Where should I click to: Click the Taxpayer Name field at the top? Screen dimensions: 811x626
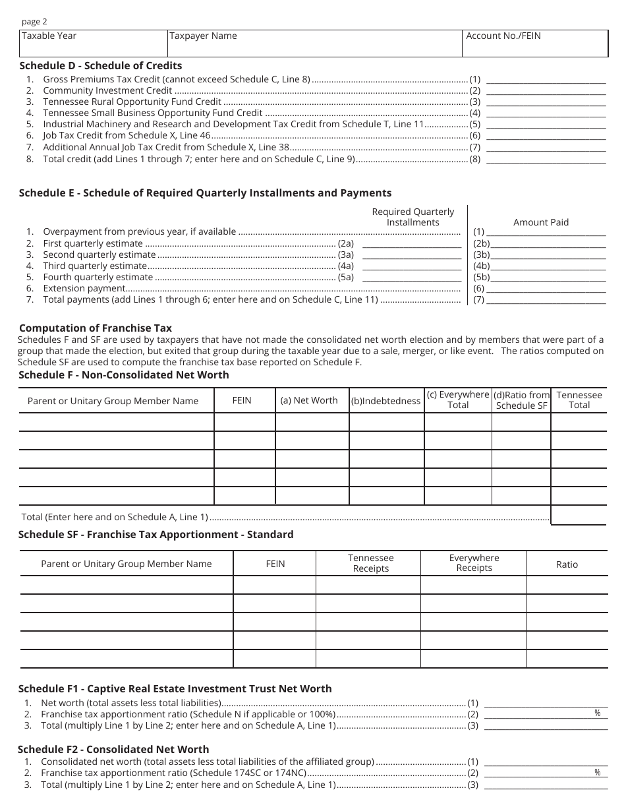[315, 43]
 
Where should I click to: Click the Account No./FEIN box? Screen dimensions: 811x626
[535, 43]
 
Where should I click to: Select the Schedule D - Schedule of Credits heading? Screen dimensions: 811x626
[100, 65]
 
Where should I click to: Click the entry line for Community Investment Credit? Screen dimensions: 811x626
[546, 91]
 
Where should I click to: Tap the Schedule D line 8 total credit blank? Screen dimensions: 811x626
[546, 160]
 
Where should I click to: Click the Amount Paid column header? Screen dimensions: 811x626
[540, 222]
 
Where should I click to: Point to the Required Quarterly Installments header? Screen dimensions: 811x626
[413, 217]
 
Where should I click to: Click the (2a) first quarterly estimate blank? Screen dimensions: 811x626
[412, 244]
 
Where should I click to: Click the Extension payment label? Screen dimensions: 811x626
[84, 288]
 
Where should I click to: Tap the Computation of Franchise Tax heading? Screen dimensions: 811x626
[96, 328]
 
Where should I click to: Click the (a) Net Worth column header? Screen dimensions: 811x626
[308, 400]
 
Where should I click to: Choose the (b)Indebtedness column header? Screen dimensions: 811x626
[385, 401]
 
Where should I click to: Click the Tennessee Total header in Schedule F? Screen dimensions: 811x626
[579, 400]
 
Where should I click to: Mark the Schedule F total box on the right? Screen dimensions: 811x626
[578, 515]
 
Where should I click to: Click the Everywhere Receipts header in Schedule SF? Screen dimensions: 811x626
[474, 563]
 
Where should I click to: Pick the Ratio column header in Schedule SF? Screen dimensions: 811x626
[566, 564]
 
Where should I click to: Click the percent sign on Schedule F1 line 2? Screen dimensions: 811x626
[598, 713]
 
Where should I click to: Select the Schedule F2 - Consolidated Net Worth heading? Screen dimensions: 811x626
[113, 749]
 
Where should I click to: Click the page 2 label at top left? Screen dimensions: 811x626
[35, 21]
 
